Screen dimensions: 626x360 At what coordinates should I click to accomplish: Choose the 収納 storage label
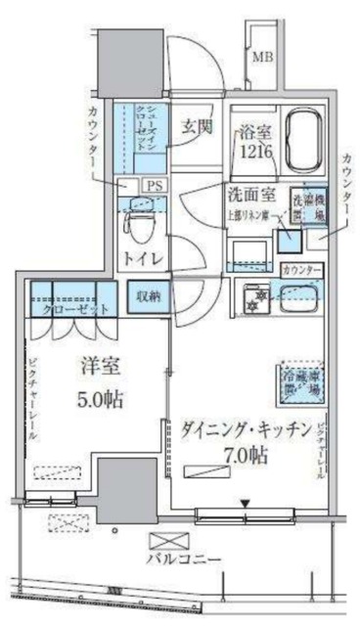(x=147, y=293)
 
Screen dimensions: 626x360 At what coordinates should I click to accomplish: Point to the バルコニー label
(x=183, y=559)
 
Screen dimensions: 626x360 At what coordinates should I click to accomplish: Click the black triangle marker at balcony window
(x=247, y=505)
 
